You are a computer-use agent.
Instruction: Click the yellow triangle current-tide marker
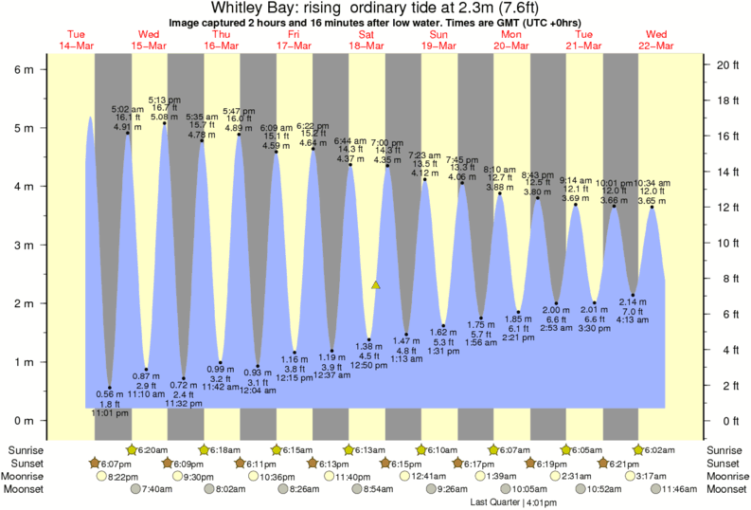click(376, 284)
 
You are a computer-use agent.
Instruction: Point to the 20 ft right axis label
click(726, 64)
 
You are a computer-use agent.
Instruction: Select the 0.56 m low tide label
click(110, 393)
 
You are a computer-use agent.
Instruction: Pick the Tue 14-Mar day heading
click(77, 40)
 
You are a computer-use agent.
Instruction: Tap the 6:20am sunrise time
click(152, 449)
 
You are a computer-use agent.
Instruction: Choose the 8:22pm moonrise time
click(122, 476)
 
